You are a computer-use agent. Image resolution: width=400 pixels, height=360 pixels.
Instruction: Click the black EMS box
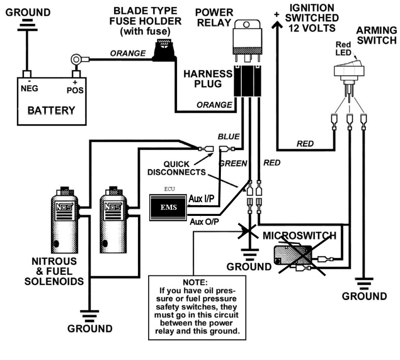click(168, 208)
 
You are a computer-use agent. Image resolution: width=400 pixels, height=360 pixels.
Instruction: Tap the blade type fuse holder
click(164, 50)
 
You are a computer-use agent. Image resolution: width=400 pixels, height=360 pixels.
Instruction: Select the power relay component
click(247, 41)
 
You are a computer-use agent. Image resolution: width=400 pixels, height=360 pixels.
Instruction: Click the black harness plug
click(247, 81)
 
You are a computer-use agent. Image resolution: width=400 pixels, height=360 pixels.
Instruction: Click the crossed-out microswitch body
click(293, 255)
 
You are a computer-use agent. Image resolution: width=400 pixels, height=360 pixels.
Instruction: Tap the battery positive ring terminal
click(76, 60)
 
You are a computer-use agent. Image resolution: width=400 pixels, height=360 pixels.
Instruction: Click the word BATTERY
click(51, 110)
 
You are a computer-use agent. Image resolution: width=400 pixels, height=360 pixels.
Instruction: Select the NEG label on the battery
click(30, 89)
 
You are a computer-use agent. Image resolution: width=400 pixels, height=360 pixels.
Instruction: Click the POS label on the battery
click(75, 90)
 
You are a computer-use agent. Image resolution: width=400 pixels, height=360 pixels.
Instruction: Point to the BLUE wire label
click(228, 136)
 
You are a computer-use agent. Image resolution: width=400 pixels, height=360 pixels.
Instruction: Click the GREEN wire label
click(233, 163)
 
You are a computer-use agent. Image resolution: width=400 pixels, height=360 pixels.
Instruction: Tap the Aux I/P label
click(202, 199)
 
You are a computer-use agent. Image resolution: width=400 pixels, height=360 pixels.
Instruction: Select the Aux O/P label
click(205, 221)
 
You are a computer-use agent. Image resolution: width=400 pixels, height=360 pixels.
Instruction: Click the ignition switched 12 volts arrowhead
click(277, 25)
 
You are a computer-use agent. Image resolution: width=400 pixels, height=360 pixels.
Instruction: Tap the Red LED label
click(343, 48)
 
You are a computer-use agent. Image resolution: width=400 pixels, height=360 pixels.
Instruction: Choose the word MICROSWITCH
click(299, 235)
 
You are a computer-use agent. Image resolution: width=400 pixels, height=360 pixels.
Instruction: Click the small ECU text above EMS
click(169, 189)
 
